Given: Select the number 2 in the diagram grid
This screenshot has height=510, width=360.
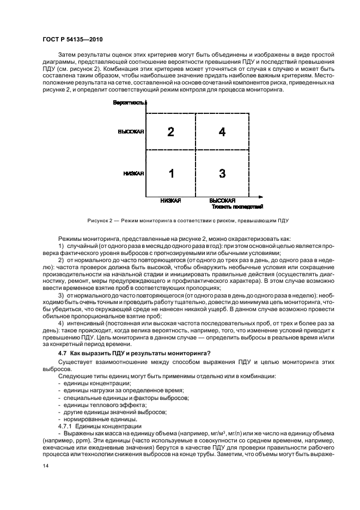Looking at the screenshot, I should click(171, 132).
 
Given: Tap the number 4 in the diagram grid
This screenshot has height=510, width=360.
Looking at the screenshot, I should click(222, 132).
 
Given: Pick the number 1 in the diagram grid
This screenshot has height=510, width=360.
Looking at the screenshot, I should click(171, 174).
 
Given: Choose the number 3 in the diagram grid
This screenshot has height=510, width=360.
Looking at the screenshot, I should click(222, 174).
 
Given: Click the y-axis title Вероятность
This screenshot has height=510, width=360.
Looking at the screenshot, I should click(129, 102).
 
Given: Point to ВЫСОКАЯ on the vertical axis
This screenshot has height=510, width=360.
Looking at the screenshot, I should click(131, 132).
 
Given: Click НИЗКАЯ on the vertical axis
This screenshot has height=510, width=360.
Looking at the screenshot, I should click(133, 174).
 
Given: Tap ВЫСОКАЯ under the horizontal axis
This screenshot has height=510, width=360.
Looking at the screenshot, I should click(222, 201).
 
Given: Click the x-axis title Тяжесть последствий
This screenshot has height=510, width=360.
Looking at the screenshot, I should click(237, 207).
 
